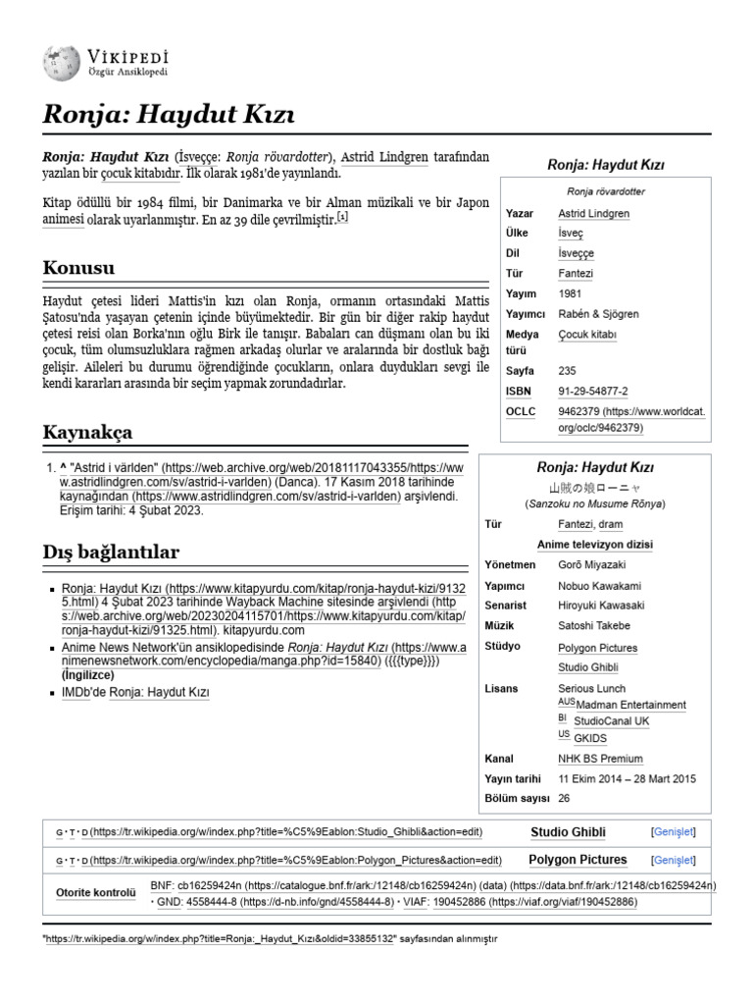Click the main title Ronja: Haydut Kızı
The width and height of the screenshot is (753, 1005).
[168, 117]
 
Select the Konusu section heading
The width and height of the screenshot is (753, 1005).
[79, 267]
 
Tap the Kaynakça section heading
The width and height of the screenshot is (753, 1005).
[88, 432]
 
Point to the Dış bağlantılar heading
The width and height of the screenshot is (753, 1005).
[112, 552]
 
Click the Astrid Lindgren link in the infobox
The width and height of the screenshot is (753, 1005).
[593, 213]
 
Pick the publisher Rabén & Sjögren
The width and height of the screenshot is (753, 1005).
[598, 314]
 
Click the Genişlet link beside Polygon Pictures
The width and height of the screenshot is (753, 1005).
[673, 860]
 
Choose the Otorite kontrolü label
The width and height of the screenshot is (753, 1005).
[95, 892]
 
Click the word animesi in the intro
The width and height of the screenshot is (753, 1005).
[64, 221]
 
